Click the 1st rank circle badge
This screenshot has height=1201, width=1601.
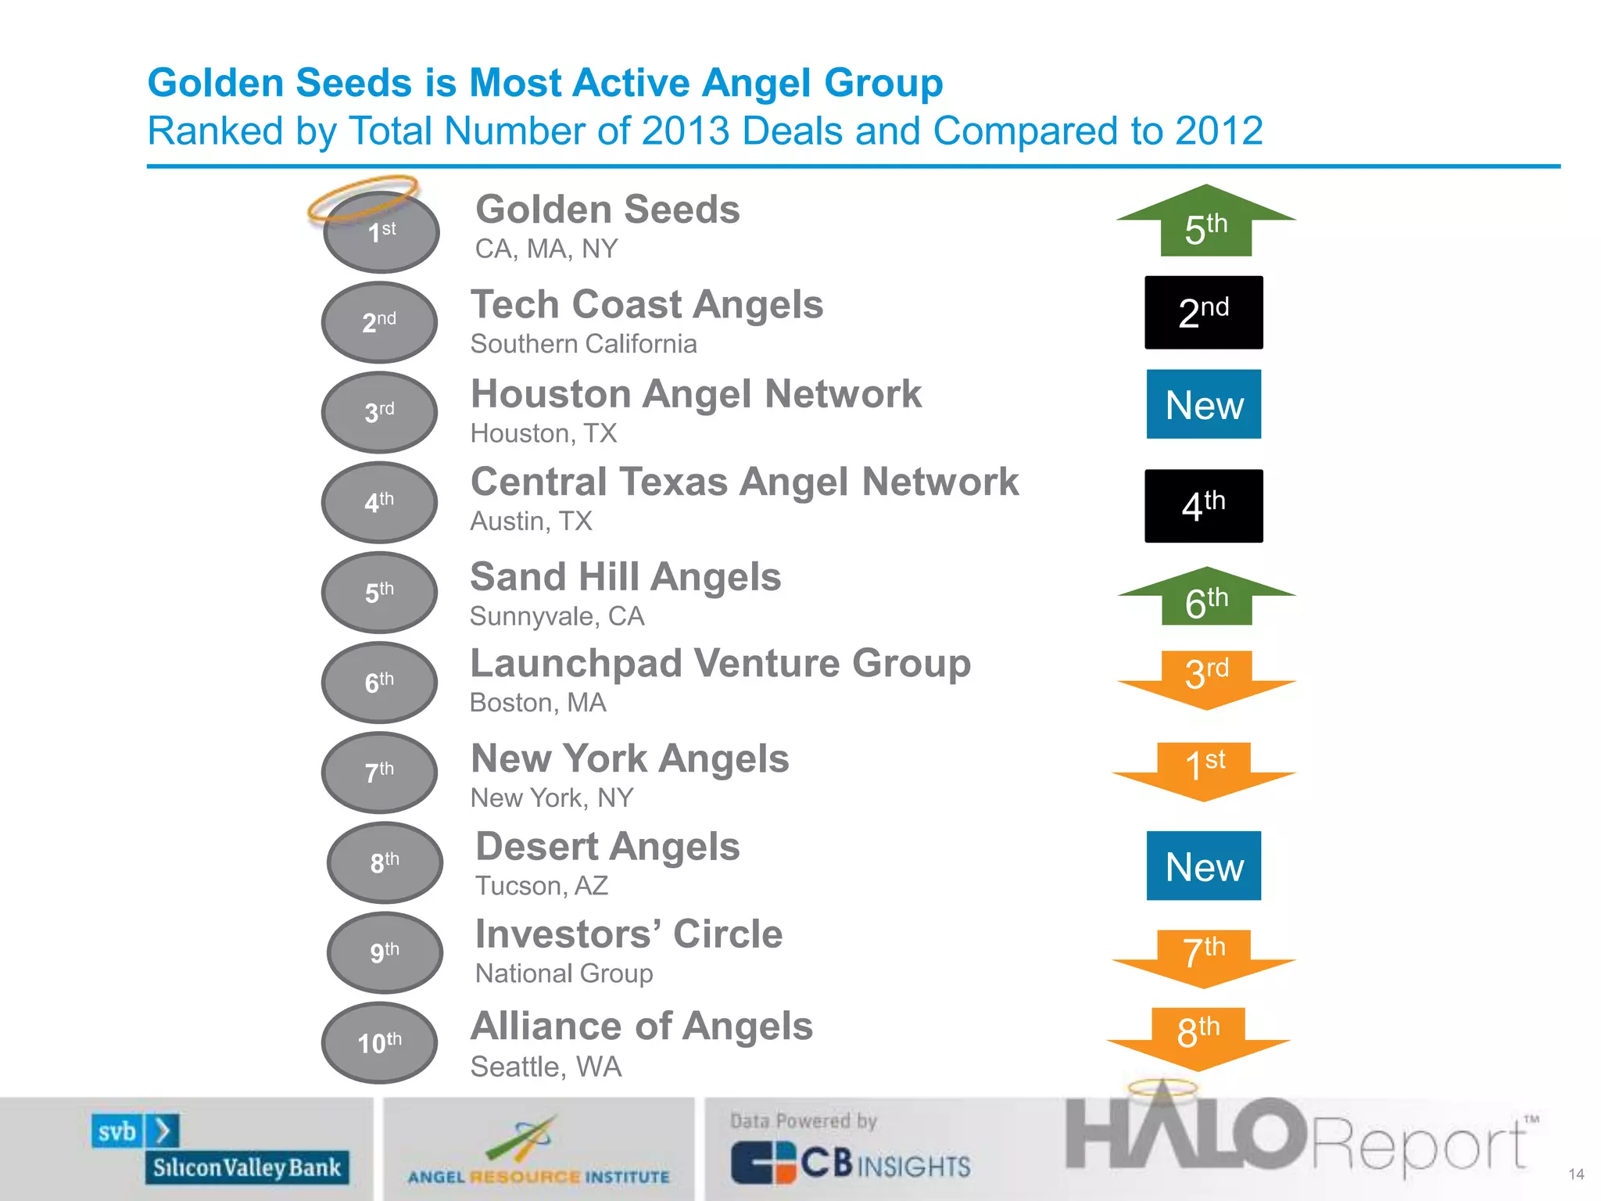tap(381, 232)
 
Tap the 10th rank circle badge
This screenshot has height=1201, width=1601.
tap(380, 1042)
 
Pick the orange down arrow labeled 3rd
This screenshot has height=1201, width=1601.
tap(1206, 676)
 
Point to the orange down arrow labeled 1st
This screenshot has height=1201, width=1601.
tap(1205, 769)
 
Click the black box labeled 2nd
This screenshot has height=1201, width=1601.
tap(1204, 313)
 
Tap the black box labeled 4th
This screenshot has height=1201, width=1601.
tap(1204, 506)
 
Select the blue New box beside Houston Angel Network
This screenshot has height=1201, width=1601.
tap(1204, 404)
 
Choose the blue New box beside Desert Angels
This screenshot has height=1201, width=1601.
tap(1204, 866)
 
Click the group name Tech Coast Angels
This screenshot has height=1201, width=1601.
tap(646, 304)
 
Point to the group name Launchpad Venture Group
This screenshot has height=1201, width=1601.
tap(720, 664)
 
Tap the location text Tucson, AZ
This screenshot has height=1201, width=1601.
tap(542, 886)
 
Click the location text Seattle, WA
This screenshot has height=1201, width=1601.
tap(546, 1067)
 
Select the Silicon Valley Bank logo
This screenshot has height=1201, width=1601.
tap(220, 1150)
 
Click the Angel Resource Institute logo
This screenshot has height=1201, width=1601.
tap(539, 1153)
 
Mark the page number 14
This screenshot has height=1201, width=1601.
tap(1576, 1174)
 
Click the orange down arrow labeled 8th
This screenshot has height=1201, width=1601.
tap(1198, 1036)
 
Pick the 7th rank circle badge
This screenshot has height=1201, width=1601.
tap(380, 773)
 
